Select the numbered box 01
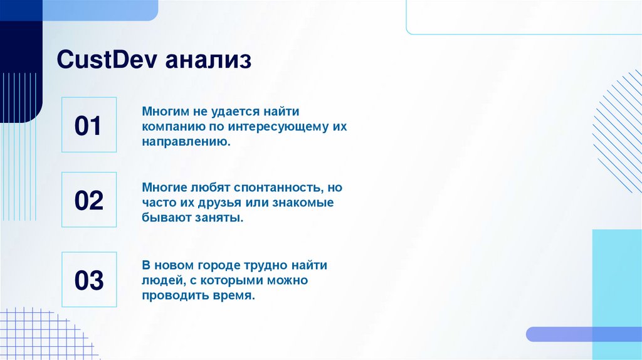(89, 125)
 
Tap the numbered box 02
(89, 200)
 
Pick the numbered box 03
(89, 280)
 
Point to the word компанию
(171, 127)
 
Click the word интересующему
(278, 127)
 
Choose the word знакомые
(303, 203)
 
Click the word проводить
(172, 296)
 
